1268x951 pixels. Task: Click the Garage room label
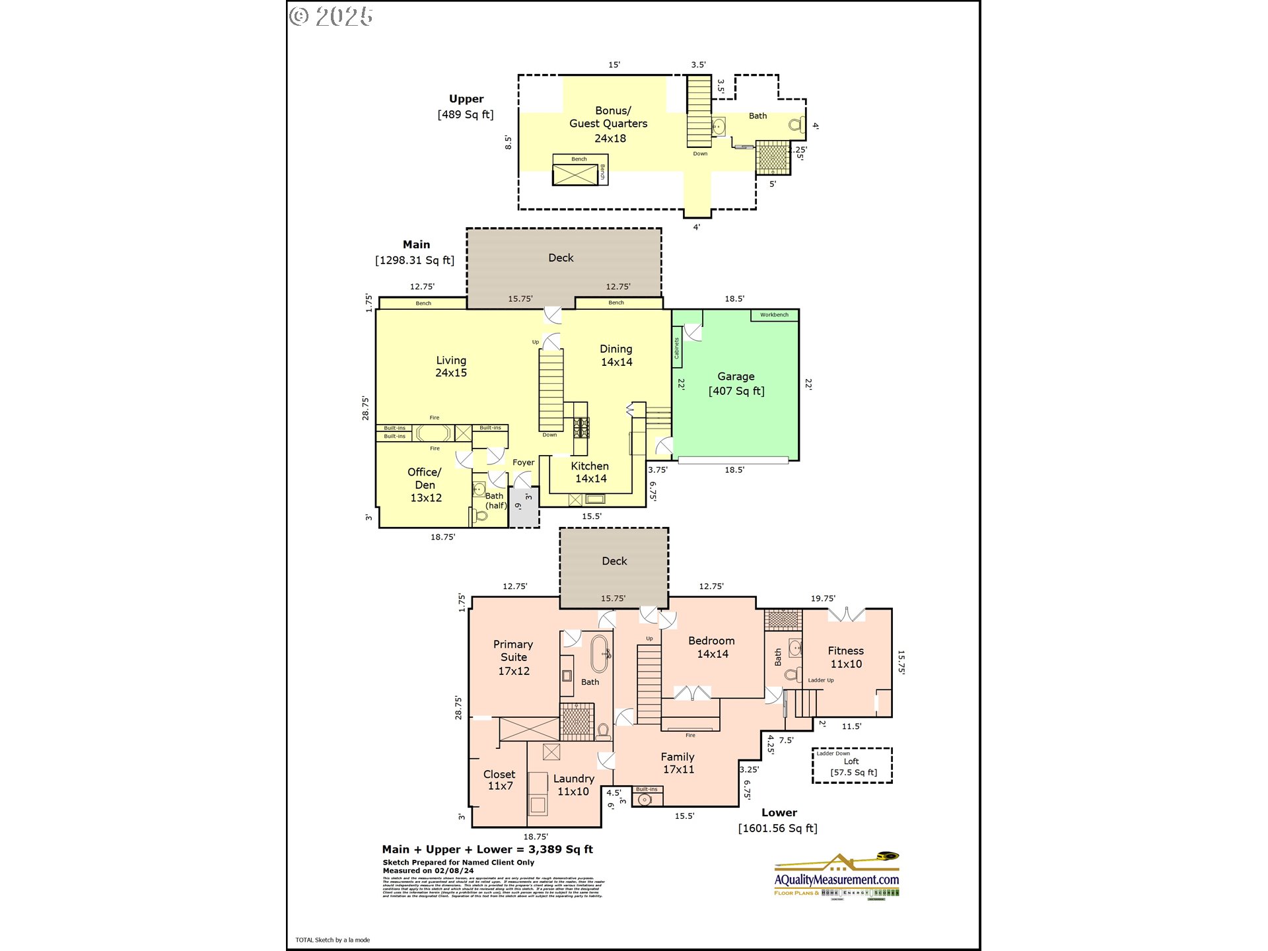736,384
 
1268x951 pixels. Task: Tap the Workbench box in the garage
774,315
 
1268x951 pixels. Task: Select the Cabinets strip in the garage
677,347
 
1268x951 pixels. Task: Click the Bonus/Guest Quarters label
608,124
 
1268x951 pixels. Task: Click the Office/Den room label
425,485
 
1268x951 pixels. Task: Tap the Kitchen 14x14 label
590,472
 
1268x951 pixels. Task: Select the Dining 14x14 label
616,355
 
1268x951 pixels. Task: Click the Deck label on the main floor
561,258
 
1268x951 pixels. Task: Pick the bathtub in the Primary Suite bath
600,654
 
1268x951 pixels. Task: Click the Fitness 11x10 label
845,657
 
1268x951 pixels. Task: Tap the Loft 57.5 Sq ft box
852,766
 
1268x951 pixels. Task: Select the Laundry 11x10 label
573,785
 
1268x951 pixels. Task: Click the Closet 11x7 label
499,780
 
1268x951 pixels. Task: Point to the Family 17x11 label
678,763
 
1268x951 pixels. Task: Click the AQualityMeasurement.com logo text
836,880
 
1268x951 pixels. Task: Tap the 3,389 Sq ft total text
560,850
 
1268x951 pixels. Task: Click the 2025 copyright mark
332,17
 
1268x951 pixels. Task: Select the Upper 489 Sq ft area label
466,106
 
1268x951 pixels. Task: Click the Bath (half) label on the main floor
495,501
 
